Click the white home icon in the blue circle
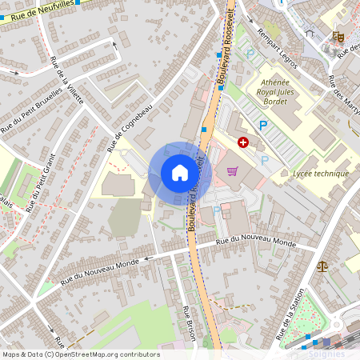(179, 173)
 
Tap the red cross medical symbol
(242, 142)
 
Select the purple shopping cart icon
(232, 170)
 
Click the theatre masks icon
(338, 36)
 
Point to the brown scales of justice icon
(322, 266)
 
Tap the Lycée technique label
(321, 174)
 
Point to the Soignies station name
(328, 353)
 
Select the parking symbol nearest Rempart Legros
(250, 54)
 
